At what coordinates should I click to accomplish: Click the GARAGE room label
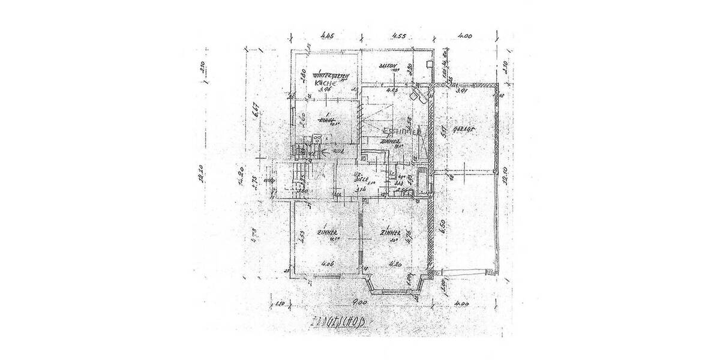466,129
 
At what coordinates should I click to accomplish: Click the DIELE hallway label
362,178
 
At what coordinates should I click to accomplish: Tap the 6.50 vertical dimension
442,227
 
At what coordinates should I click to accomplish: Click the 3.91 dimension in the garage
461,92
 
